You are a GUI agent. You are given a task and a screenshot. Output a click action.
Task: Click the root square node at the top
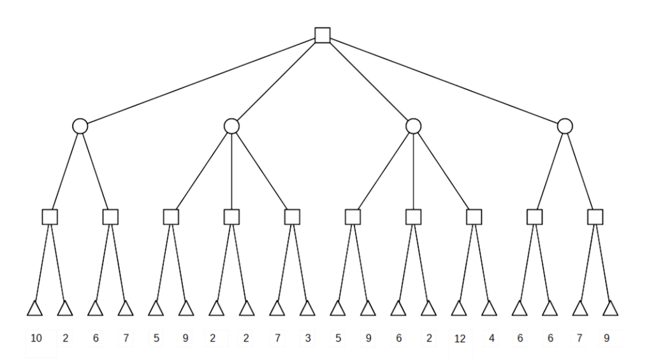pyautogui.click(x=323, y=35)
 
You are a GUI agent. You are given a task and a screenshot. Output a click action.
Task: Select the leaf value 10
pyautogui.click(x=36, y=338)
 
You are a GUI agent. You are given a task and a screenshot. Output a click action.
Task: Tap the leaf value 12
pyautogui.click(x=460, y=339)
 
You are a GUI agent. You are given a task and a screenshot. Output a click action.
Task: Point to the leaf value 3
pyautogui.click(x=308, y=338)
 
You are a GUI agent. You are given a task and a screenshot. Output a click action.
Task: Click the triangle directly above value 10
pyautogui.click(x=34, y=309)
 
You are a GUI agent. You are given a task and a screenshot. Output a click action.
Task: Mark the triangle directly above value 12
pyautogui.click(x=458, y=309)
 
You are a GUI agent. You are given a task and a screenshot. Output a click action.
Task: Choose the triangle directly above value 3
pyautogui.click(x=307, y=309)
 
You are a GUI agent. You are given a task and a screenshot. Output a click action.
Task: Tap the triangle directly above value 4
pyautogui.click(x=489, y=309)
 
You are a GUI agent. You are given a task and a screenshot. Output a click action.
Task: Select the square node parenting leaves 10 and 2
pyautogui.click(x=50, y=217)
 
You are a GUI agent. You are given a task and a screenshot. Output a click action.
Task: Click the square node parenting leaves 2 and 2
pyautogui.click(x=231, y=217)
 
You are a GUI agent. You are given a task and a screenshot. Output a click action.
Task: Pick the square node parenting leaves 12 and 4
pyautogui.click(x=474, y=217)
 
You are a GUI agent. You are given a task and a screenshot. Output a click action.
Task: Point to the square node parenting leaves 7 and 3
pyautogui.click(x=292, y=217)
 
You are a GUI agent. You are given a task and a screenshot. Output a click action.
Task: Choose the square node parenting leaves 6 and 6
pyautogui.click(x=534, y=217)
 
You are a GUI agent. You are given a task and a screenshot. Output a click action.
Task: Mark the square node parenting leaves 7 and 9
pyautogui.click(x=595, y=217)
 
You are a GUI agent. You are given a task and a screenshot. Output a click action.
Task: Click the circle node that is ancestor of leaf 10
pyautogui.click(x=80, y=126)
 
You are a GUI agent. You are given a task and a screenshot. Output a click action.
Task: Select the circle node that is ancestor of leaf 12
pyautogui.click(x=413, y=126)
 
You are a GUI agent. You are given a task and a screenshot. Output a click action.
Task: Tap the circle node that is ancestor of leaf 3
pyautogui.click(x=231, y=126)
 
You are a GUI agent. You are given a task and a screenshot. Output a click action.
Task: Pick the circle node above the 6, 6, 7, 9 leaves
pyautogui.click(x=564, y=126)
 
